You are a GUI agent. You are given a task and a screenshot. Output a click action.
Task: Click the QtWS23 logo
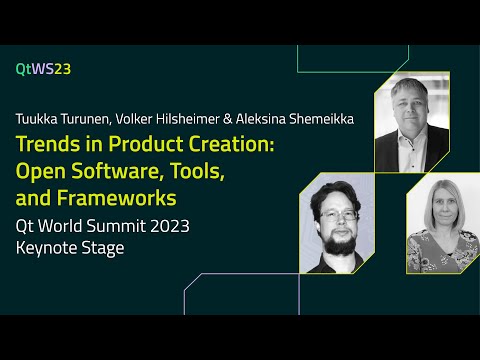pyautogui.click(x=43, y=69)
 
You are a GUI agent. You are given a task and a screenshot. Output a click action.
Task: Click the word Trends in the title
pyautogui.click(x=44, y=146)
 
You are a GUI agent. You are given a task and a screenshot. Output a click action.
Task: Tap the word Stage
pyautogui.click(x=105, y=247)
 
